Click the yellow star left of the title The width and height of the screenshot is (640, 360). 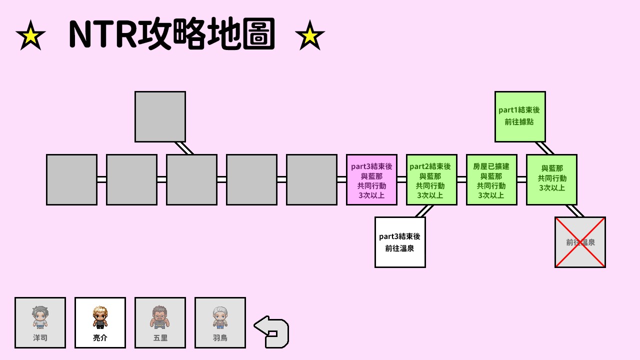(x=30, y=36)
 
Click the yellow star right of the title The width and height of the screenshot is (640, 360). (x=310, y=36)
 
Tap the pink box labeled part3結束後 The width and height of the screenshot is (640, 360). (x=371, y=179)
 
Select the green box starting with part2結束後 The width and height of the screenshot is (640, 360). (x=431, y=179)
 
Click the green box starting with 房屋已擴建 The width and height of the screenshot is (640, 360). (x=491, y=179)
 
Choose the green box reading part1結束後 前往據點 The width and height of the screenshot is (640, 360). (x=520, y=116)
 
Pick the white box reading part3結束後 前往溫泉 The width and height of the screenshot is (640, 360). (x=400, y=242)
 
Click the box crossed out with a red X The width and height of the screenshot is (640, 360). (x=580, y=242)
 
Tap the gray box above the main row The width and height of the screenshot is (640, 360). (x=160, y=116)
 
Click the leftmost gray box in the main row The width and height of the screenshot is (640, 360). (x=71, y=179)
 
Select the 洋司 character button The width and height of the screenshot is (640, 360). (x=40, y=323)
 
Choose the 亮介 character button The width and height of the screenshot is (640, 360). (x=100, y=323)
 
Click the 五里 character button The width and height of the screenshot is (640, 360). (x=160, y=323)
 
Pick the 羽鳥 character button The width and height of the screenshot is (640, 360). (x=220, y=323)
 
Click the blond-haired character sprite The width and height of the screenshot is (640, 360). (x=100, y=317)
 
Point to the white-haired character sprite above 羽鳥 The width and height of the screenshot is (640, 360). (x=220, y=317)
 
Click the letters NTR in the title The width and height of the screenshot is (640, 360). (x=103, y=34)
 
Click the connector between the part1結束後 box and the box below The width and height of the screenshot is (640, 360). (x=544, y=148)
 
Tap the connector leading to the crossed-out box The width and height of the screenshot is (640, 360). (x=574, y=211)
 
